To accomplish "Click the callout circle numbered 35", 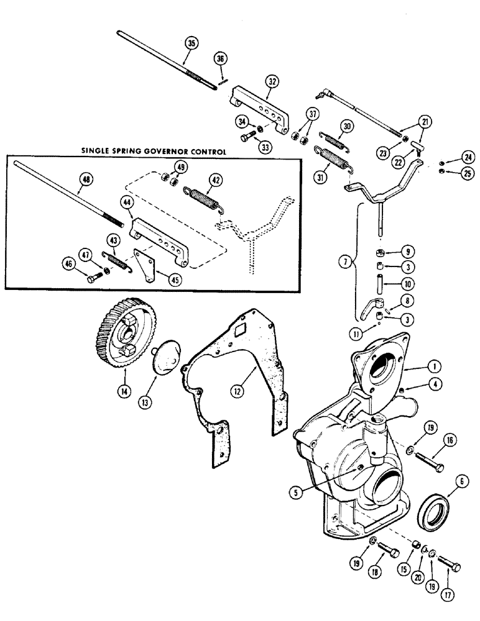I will pyautogui.click(x=191, y=42).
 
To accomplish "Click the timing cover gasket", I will pyautogui.click(x=236, y=373).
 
